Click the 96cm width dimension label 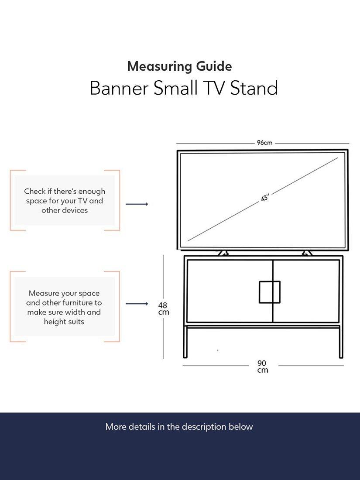[264, 143]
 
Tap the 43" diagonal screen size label [265, 198]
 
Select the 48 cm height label [163, 309]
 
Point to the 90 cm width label [262, 367]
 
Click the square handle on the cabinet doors [270, 292]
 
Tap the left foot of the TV [223, 253]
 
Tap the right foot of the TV [307, 253]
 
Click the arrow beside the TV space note [137, 204]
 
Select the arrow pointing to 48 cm [137, 304]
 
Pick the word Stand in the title [254, 88]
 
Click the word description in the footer [204, 427]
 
